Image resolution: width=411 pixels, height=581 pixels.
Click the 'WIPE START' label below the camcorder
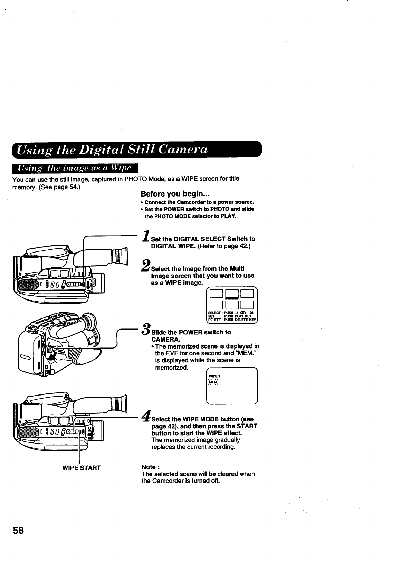click(81, 468)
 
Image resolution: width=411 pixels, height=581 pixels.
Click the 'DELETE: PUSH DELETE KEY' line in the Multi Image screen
click(231, 320)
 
